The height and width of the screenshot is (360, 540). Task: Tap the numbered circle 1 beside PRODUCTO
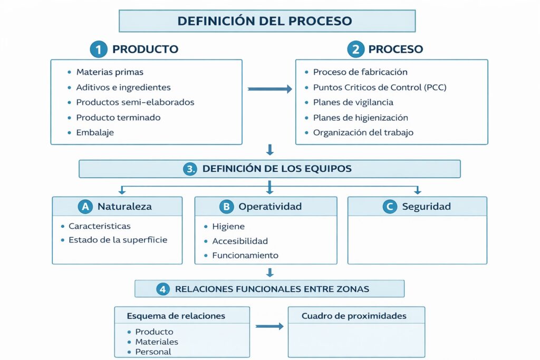click(x=98, y=50)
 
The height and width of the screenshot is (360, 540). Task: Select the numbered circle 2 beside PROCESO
click(x=355, y=50)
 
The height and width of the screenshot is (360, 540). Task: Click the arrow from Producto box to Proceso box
click(x=269, y=90)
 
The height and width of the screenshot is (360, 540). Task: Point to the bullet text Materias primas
click(x=110, y=72)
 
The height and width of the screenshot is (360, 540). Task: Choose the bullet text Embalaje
click(x=95, y=133)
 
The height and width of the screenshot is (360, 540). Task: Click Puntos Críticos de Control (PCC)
click(x=380, y=87)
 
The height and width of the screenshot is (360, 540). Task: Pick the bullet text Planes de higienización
click(x=360, y=118)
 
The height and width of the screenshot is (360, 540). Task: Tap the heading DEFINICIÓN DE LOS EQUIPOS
click(x=277, y=169)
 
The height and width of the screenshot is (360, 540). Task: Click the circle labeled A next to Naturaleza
click(x=85, y=207)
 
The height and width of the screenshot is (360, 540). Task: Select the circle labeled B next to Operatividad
click(x=226, y=207)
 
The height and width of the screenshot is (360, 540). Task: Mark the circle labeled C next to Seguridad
click(x=390, y=207)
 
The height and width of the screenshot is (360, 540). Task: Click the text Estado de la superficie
click(x=118, y=240)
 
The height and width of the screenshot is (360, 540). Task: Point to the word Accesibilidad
click(x=240, y=241)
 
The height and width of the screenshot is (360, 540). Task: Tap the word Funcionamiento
click(x=245, y=256)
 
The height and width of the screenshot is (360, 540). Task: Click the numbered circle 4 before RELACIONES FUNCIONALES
click(x=163, y=289)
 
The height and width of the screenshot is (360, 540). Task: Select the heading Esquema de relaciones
click(x=176, y=316)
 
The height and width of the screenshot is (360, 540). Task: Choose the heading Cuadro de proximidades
click(x=354, y=316)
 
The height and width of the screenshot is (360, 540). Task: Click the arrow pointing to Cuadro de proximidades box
click(x=269, y=327)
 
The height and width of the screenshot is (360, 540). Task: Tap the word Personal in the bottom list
click(x=153, y=352)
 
